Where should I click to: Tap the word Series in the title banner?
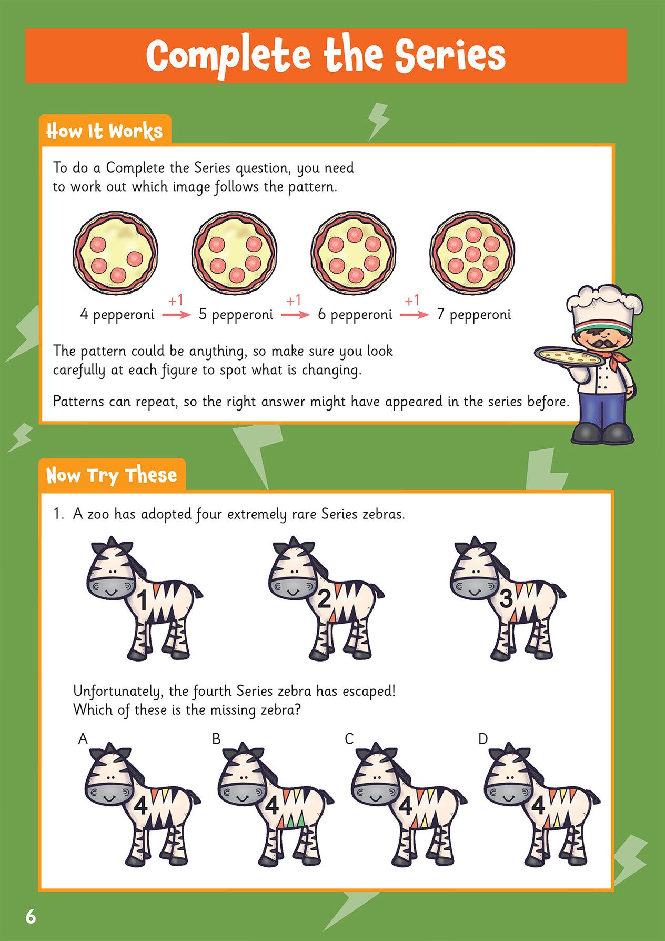tap(450, 56)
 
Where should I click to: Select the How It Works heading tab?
tap(105, 131)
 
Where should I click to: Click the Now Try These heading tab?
tap(112, 475)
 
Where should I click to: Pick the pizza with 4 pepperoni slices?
tap(115, 253)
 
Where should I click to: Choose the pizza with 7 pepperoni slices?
tap(472, 253)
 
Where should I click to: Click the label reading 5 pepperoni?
tap(236, 315)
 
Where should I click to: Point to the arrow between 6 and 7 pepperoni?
tap(414, 315)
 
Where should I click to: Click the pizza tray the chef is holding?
tap(570, 357)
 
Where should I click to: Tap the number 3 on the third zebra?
tap(506, 598)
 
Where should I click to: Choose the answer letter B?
tap(216, 739)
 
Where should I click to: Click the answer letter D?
tap(483, 739)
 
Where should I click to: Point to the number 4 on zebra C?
tap(405, 806)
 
